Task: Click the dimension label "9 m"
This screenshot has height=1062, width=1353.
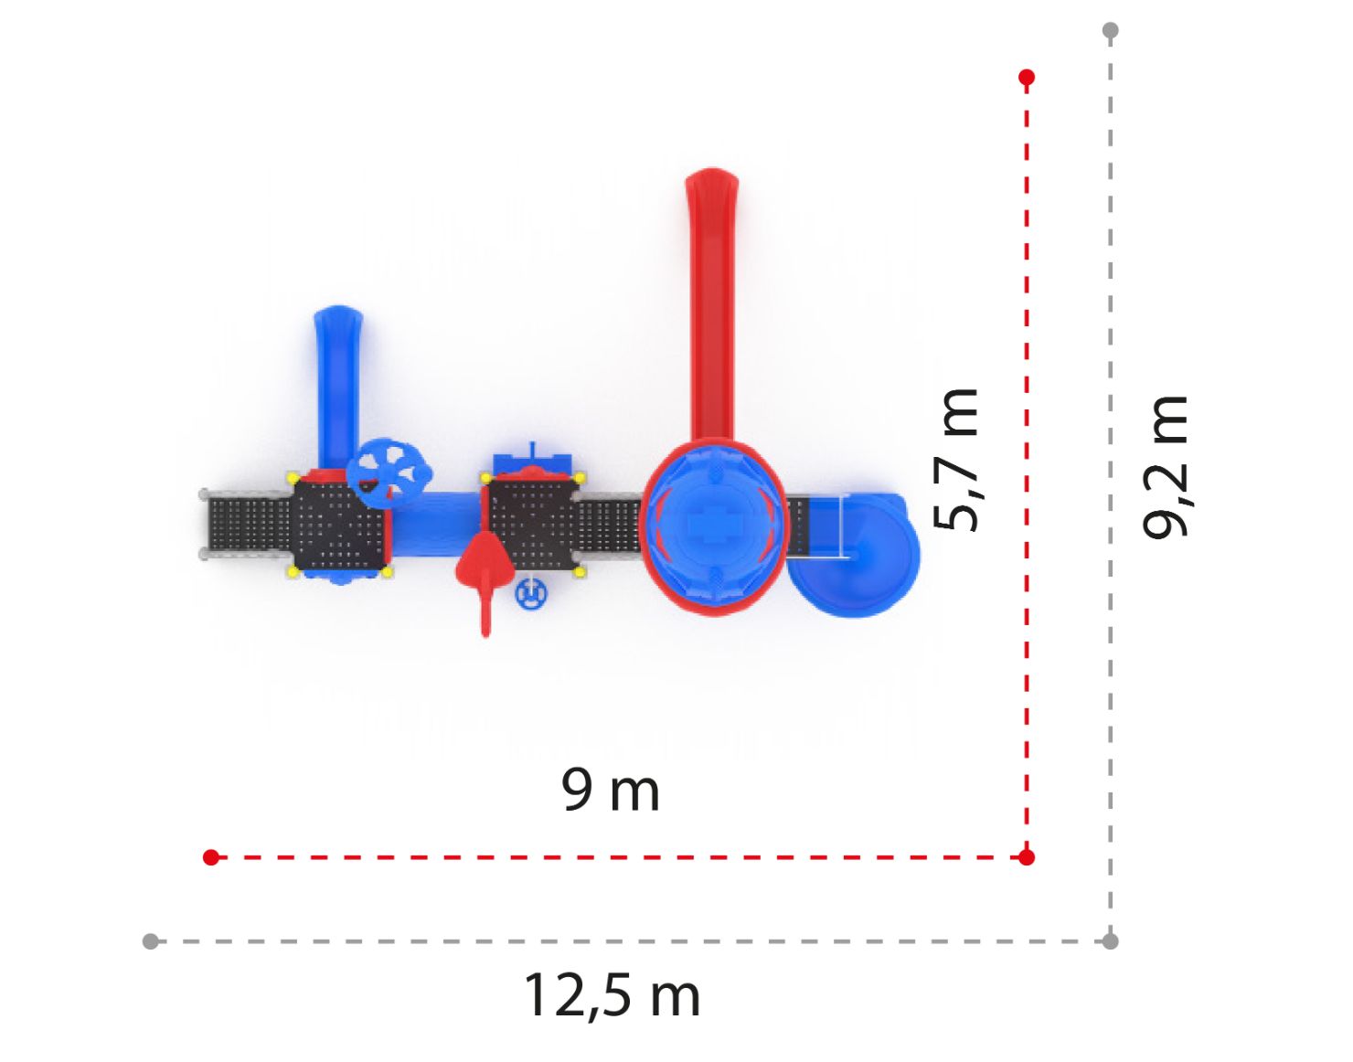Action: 610,790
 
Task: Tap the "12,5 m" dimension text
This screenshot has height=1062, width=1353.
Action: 613,995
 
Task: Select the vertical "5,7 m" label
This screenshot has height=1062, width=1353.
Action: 955,460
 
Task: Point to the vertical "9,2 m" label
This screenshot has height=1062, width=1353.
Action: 1166,465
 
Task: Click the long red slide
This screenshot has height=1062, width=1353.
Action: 711,305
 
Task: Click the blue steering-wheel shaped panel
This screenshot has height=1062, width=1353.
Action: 389,474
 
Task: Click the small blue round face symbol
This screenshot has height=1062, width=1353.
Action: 530,594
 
